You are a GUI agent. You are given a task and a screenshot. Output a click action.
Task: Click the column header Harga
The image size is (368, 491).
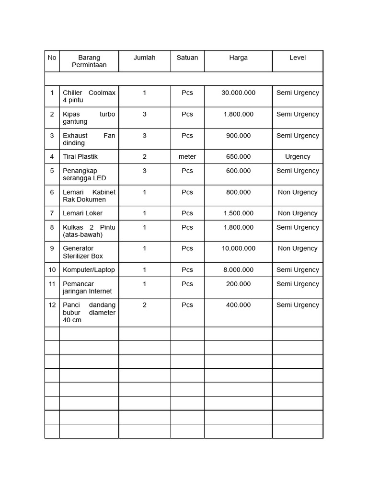pyautogui.click(x=238, y=58)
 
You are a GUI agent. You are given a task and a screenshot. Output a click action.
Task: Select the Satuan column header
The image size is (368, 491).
pyautogui.click(x=187, y=58)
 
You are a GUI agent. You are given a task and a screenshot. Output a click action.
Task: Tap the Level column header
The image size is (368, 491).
pyautogui.click(x=297, y=58)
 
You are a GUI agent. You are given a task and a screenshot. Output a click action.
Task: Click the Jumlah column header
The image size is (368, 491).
pyautogui.click(x=144, y=58)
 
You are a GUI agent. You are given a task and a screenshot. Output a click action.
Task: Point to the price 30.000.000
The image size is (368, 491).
pyautogui.click(x=238, y=93)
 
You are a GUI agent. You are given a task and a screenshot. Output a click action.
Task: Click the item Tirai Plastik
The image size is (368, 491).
pyautogui.click(x=80, y=156)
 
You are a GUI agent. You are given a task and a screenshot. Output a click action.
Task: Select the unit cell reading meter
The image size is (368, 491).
pyautogui.click(x=187, y=156)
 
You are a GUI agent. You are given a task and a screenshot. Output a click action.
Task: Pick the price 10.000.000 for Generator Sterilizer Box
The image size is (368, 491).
pyautogui.click(x=238, y=248)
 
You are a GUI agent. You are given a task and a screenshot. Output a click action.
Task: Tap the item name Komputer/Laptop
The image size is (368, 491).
pyautogui.click(x=89, y=269)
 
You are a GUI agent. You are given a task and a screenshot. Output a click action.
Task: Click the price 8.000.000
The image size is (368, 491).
pyautogui.click(x=238, y=269)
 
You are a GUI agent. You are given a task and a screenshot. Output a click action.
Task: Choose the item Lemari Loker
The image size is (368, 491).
pyautogui.click(x=82, y=213)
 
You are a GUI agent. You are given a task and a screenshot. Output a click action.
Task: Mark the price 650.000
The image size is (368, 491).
pyautogui.click(x=238, y=156)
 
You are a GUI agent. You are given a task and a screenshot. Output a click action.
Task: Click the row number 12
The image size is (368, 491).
pyautogui.click(x=52, y=305)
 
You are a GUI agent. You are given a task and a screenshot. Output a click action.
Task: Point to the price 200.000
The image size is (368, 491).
pyautogui.click(x=238, y=284)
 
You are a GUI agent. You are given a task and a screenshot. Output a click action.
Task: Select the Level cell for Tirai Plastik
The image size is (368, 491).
pyautogui.click(x=297, y=156)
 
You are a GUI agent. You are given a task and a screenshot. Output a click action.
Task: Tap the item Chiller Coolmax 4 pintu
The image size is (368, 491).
pyautogui.click(x=89, y=96)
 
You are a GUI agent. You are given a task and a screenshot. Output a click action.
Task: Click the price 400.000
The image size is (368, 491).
pyautogui.click(x=238, y=305)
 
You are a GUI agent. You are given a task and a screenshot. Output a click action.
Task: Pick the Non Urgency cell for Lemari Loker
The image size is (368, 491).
pyautogui.click(x=297, y=213)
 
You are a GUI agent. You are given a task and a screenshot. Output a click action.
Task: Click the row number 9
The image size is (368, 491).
pyautogui.click(x=52, y=248)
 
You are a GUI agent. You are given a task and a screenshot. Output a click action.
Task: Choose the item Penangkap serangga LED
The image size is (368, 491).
pyautogui.click(x=84, y=175)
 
